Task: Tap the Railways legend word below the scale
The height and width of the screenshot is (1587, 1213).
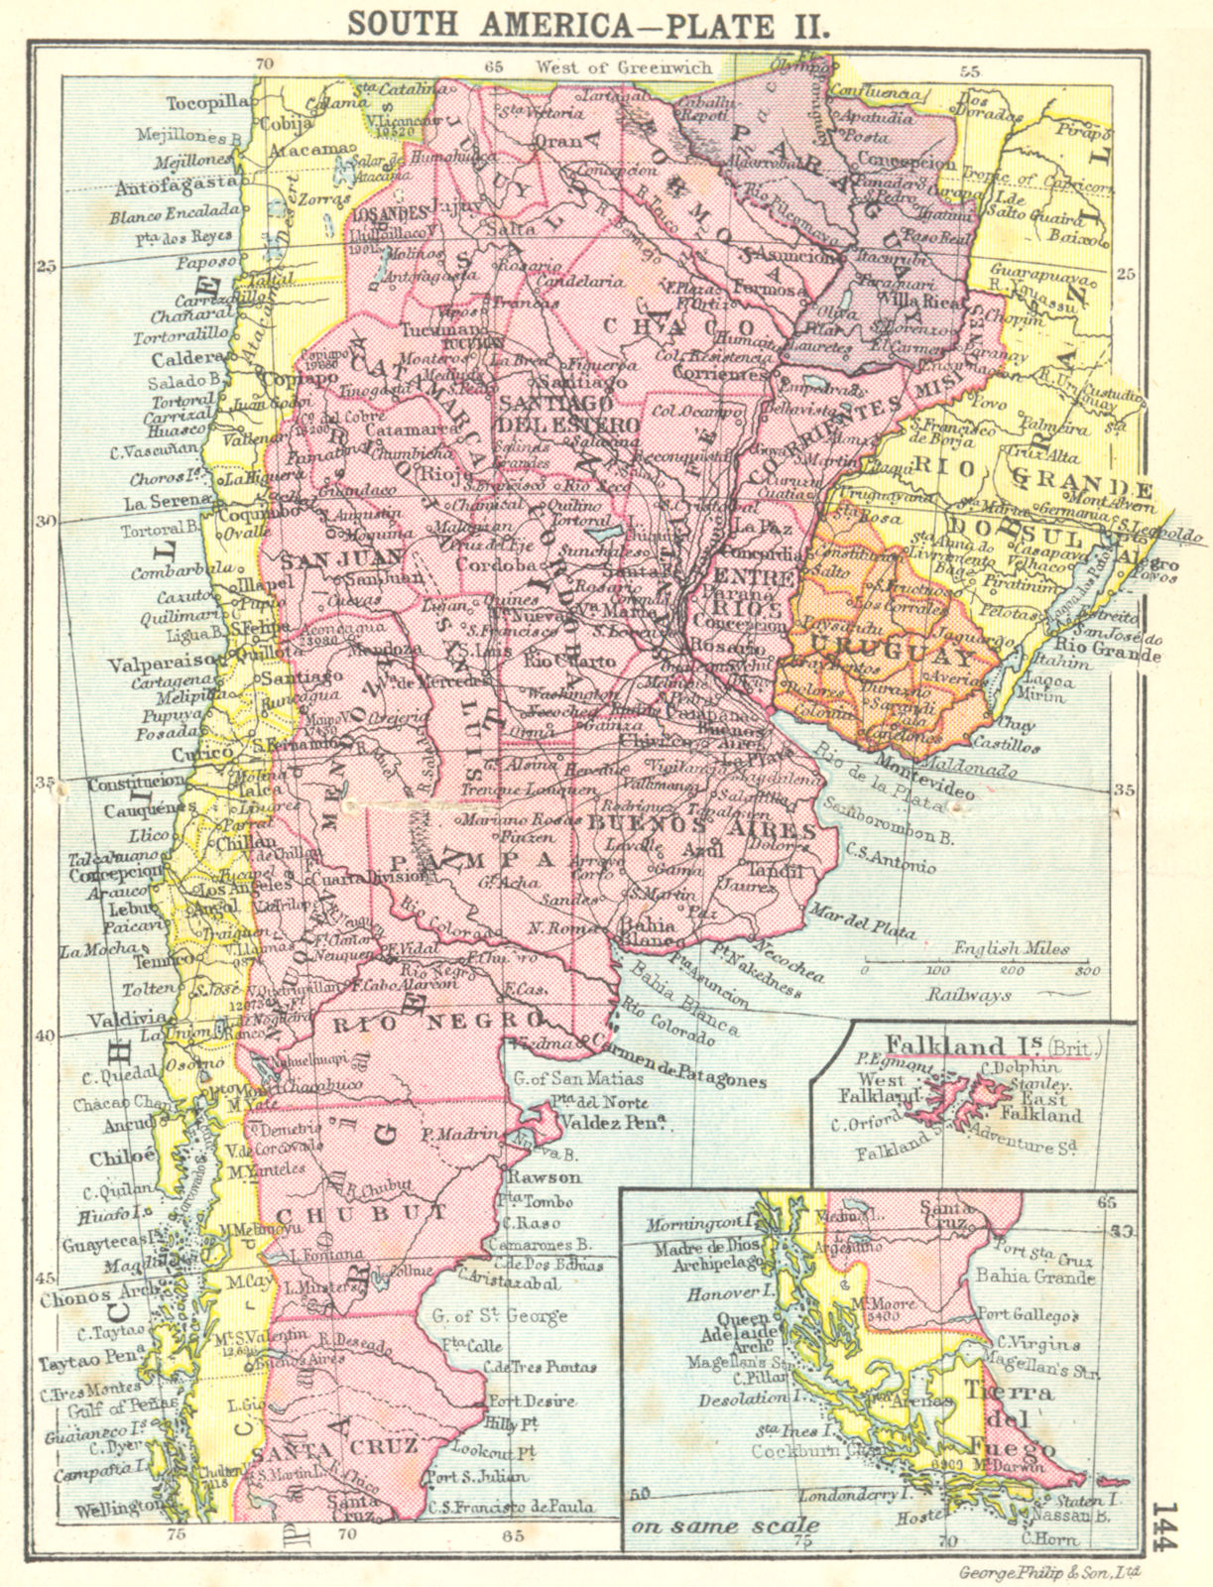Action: (x=969, y=993)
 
